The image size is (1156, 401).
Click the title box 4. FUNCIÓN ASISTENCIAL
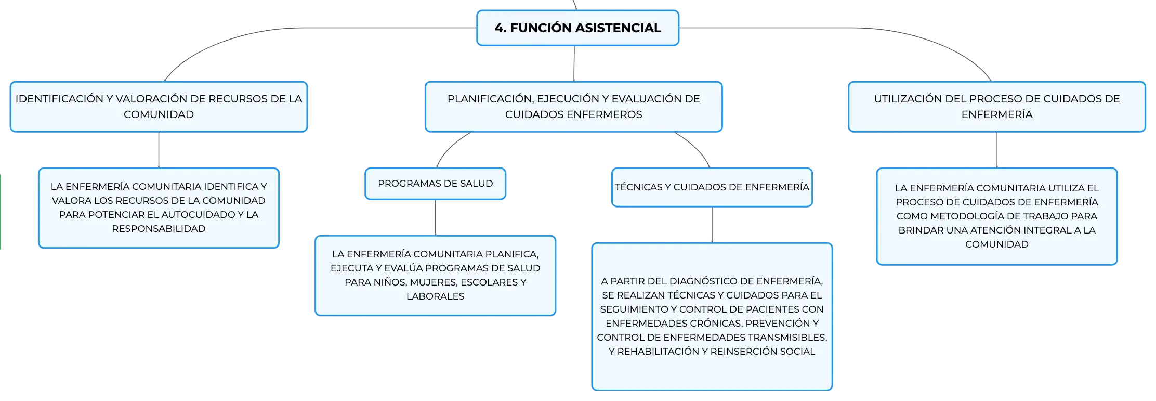point(577,28)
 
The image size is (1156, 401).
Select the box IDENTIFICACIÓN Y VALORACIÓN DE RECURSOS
point(159,107)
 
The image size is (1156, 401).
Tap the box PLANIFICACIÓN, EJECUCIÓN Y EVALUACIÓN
point(573,107)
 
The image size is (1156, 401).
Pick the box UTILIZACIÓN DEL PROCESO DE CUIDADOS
point(996,107)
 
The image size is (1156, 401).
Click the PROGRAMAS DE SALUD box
point(435,184)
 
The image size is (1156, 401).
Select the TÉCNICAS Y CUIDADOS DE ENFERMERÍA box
point(712,187)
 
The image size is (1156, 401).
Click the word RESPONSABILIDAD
point(159,229)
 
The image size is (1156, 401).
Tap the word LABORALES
point(435,296)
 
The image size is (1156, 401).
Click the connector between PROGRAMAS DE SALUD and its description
point(435,217)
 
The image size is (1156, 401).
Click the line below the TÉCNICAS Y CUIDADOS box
point(712,225)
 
